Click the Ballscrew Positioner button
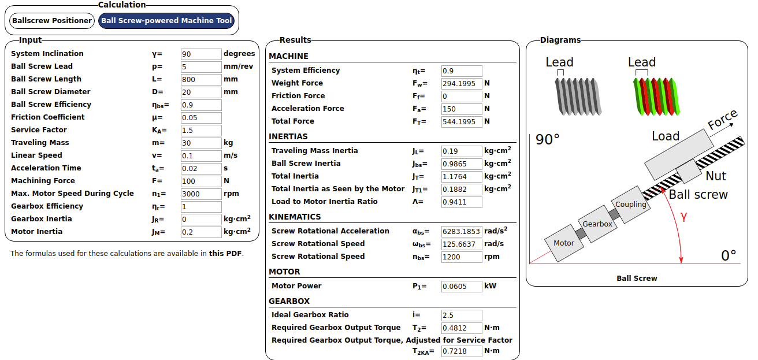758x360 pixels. pos(52,21)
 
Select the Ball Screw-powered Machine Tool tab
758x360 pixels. pos(166,21)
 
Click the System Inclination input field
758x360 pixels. pos(201,54)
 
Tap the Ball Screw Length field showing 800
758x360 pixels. pos(201,80)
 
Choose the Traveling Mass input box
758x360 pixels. pos(201,143)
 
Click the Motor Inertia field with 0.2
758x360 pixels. pos(201,232)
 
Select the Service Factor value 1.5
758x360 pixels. pos(201,131)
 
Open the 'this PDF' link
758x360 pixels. pos(225,254)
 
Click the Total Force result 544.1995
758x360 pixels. pos(461,122)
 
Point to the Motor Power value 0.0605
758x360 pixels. pos(461,287)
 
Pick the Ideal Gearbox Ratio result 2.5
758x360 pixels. pos(461,316)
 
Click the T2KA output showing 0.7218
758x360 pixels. pos(461,351)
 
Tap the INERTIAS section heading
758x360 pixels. pos(288,137)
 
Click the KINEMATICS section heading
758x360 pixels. pos(295,217)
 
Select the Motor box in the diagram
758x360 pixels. pos(564,243)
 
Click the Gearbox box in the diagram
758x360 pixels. pos(597,224)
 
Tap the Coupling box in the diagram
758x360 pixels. pos(630,205)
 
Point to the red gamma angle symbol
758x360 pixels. pos(683,217)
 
